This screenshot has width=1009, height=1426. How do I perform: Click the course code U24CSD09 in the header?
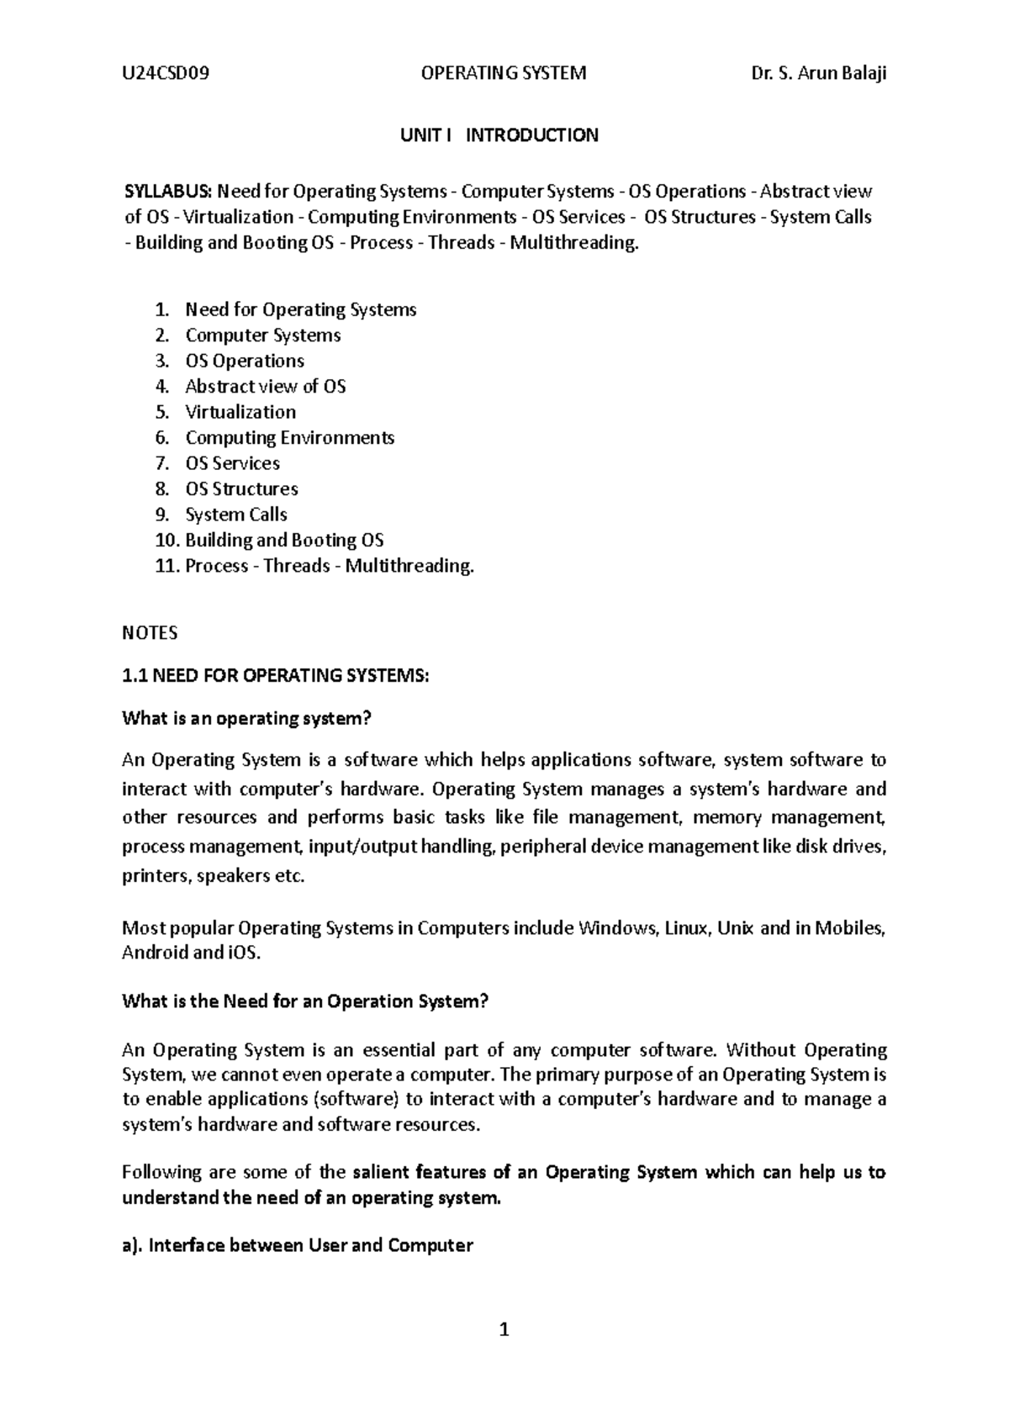click(x=166, y=73)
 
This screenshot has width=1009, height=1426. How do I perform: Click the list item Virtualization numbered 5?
click(x=240, y=412)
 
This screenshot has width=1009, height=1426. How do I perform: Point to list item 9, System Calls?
click(x=236, y=515)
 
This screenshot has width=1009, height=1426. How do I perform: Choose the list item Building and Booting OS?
click(x=284, y=540)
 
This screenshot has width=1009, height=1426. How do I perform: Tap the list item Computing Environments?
click(x=289, y=437)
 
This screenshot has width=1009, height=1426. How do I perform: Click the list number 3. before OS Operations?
click(x=162, y=361)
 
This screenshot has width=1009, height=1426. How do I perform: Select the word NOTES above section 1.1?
click(x=150, y=632)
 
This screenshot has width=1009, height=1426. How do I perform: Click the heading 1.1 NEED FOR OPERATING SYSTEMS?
click(x=275, y=675)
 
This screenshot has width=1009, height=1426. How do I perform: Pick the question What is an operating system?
click(x=246, y=718)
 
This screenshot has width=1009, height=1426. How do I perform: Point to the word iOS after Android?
click(x=244, y=953)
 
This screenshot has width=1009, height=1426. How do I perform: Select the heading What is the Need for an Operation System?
click(x=305, y=1001)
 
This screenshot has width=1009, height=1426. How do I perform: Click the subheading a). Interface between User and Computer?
click(x=298, y=1245)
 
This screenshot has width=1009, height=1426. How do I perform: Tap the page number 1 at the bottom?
click(x=504, y=1329)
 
